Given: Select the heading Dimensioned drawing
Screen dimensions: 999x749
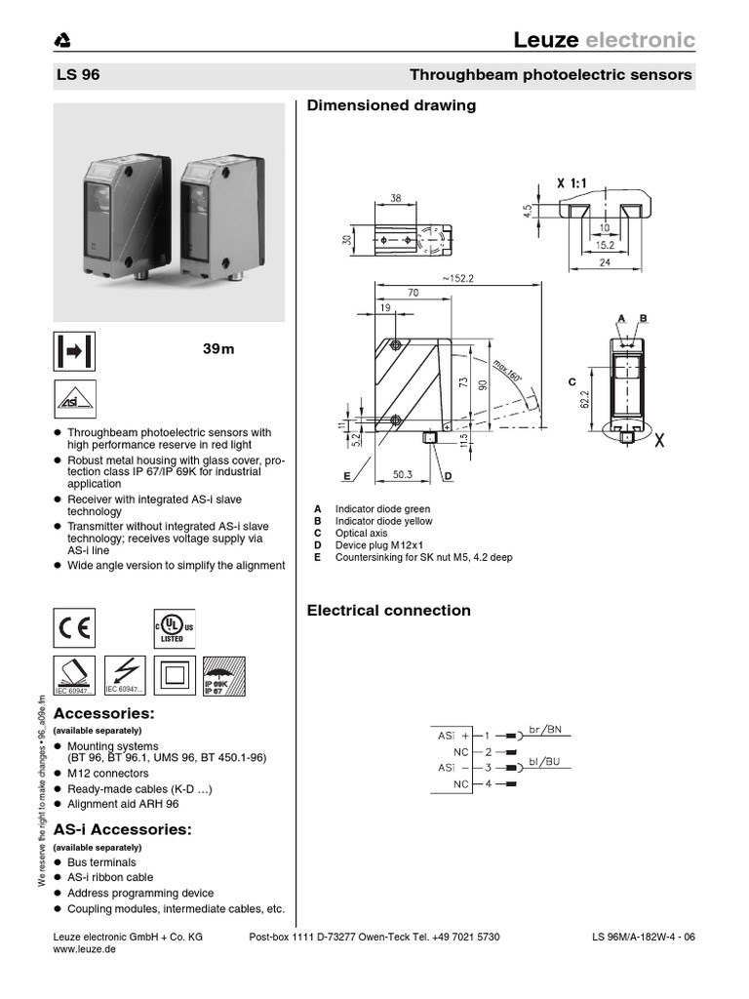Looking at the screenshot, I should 391,105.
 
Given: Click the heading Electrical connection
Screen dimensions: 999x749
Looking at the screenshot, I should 388,611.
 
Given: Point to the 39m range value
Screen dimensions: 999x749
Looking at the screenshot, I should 219,349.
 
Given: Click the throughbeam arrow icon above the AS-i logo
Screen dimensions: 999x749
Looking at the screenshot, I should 72,351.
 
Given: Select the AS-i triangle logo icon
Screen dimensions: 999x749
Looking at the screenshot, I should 72,402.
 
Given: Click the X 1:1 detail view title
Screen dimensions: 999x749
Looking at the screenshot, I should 581,182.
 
